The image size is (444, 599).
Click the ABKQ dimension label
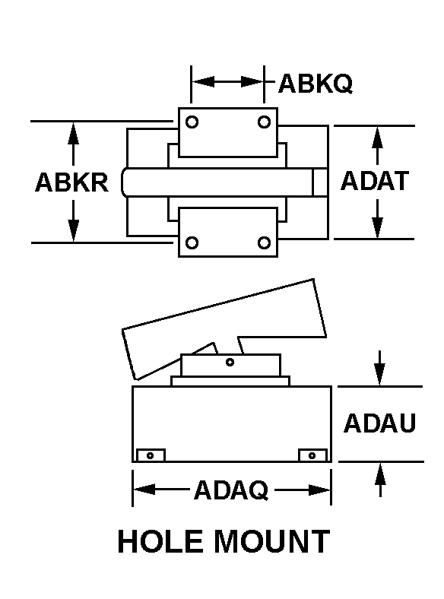coord(316,84)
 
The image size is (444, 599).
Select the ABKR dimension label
coord(71,182)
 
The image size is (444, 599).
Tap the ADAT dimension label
coord(375,181)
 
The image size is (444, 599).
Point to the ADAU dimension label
coord(379,423)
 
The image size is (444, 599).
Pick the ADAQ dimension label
coord(231,490)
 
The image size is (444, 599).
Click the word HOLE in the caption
coord(160,541)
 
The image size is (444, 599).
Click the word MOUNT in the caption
coord(271,541)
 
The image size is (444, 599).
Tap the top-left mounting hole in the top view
coord(192,122)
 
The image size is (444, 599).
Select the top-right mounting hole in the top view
coord(264,122)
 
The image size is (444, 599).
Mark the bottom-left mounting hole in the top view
coord(192,242)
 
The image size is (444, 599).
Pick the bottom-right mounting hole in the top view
coord(264,242)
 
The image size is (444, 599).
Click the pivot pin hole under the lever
coord(230,362)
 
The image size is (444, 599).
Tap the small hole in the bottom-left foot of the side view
coord(151,456)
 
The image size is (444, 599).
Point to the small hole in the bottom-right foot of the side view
coord(312,455)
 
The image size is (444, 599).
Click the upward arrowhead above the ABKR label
coord(73,133)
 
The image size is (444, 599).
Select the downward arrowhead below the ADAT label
coord(377,228)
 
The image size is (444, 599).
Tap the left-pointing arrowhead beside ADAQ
coord(144,490)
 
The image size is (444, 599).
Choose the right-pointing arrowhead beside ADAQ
coord(319,490)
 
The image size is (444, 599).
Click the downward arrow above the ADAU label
coord(379,368)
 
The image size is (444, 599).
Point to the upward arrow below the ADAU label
coord(380,480)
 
